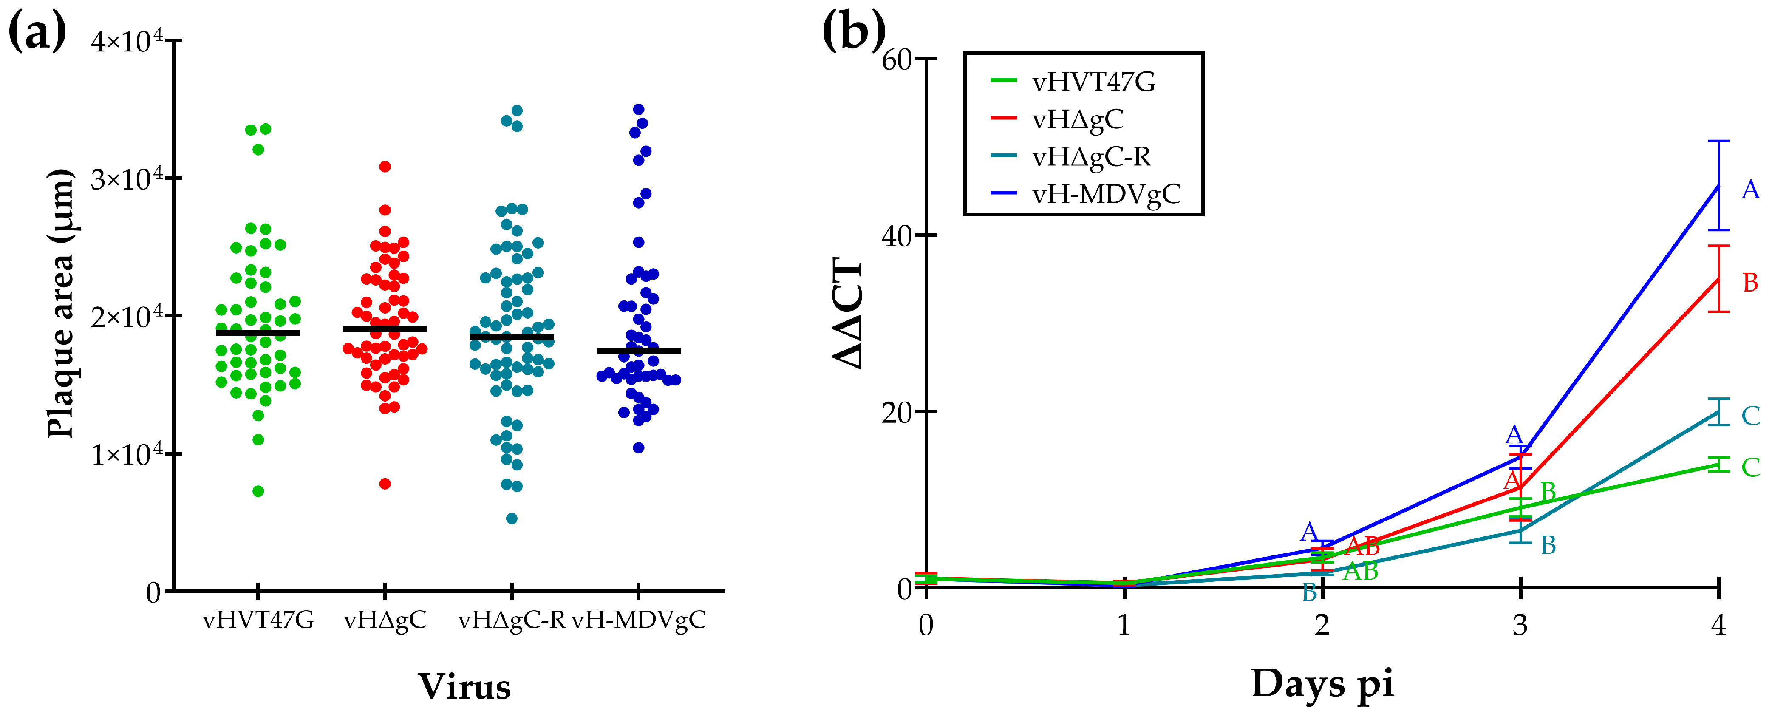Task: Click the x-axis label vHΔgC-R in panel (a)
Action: click(x=511, y=620)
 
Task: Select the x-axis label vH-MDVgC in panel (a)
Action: click(x=639, y=620)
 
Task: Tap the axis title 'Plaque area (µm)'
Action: click(x=60, y=303)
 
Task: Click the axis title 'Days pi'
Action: click(x=1322, y=684)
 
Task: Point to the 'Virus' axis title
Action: click(x=465, y=686)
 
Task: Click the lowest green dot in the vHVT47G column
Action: click(x=258, y=491)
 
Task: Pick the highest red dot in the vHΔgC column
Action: click(x=385, y=167)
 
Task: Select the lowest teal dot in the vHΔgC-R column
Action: click(x=512, y=518)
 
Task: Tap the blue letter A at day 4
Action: click(x=1750, y=190)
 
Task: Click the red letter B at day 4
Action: click(x=1750, y=283)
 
